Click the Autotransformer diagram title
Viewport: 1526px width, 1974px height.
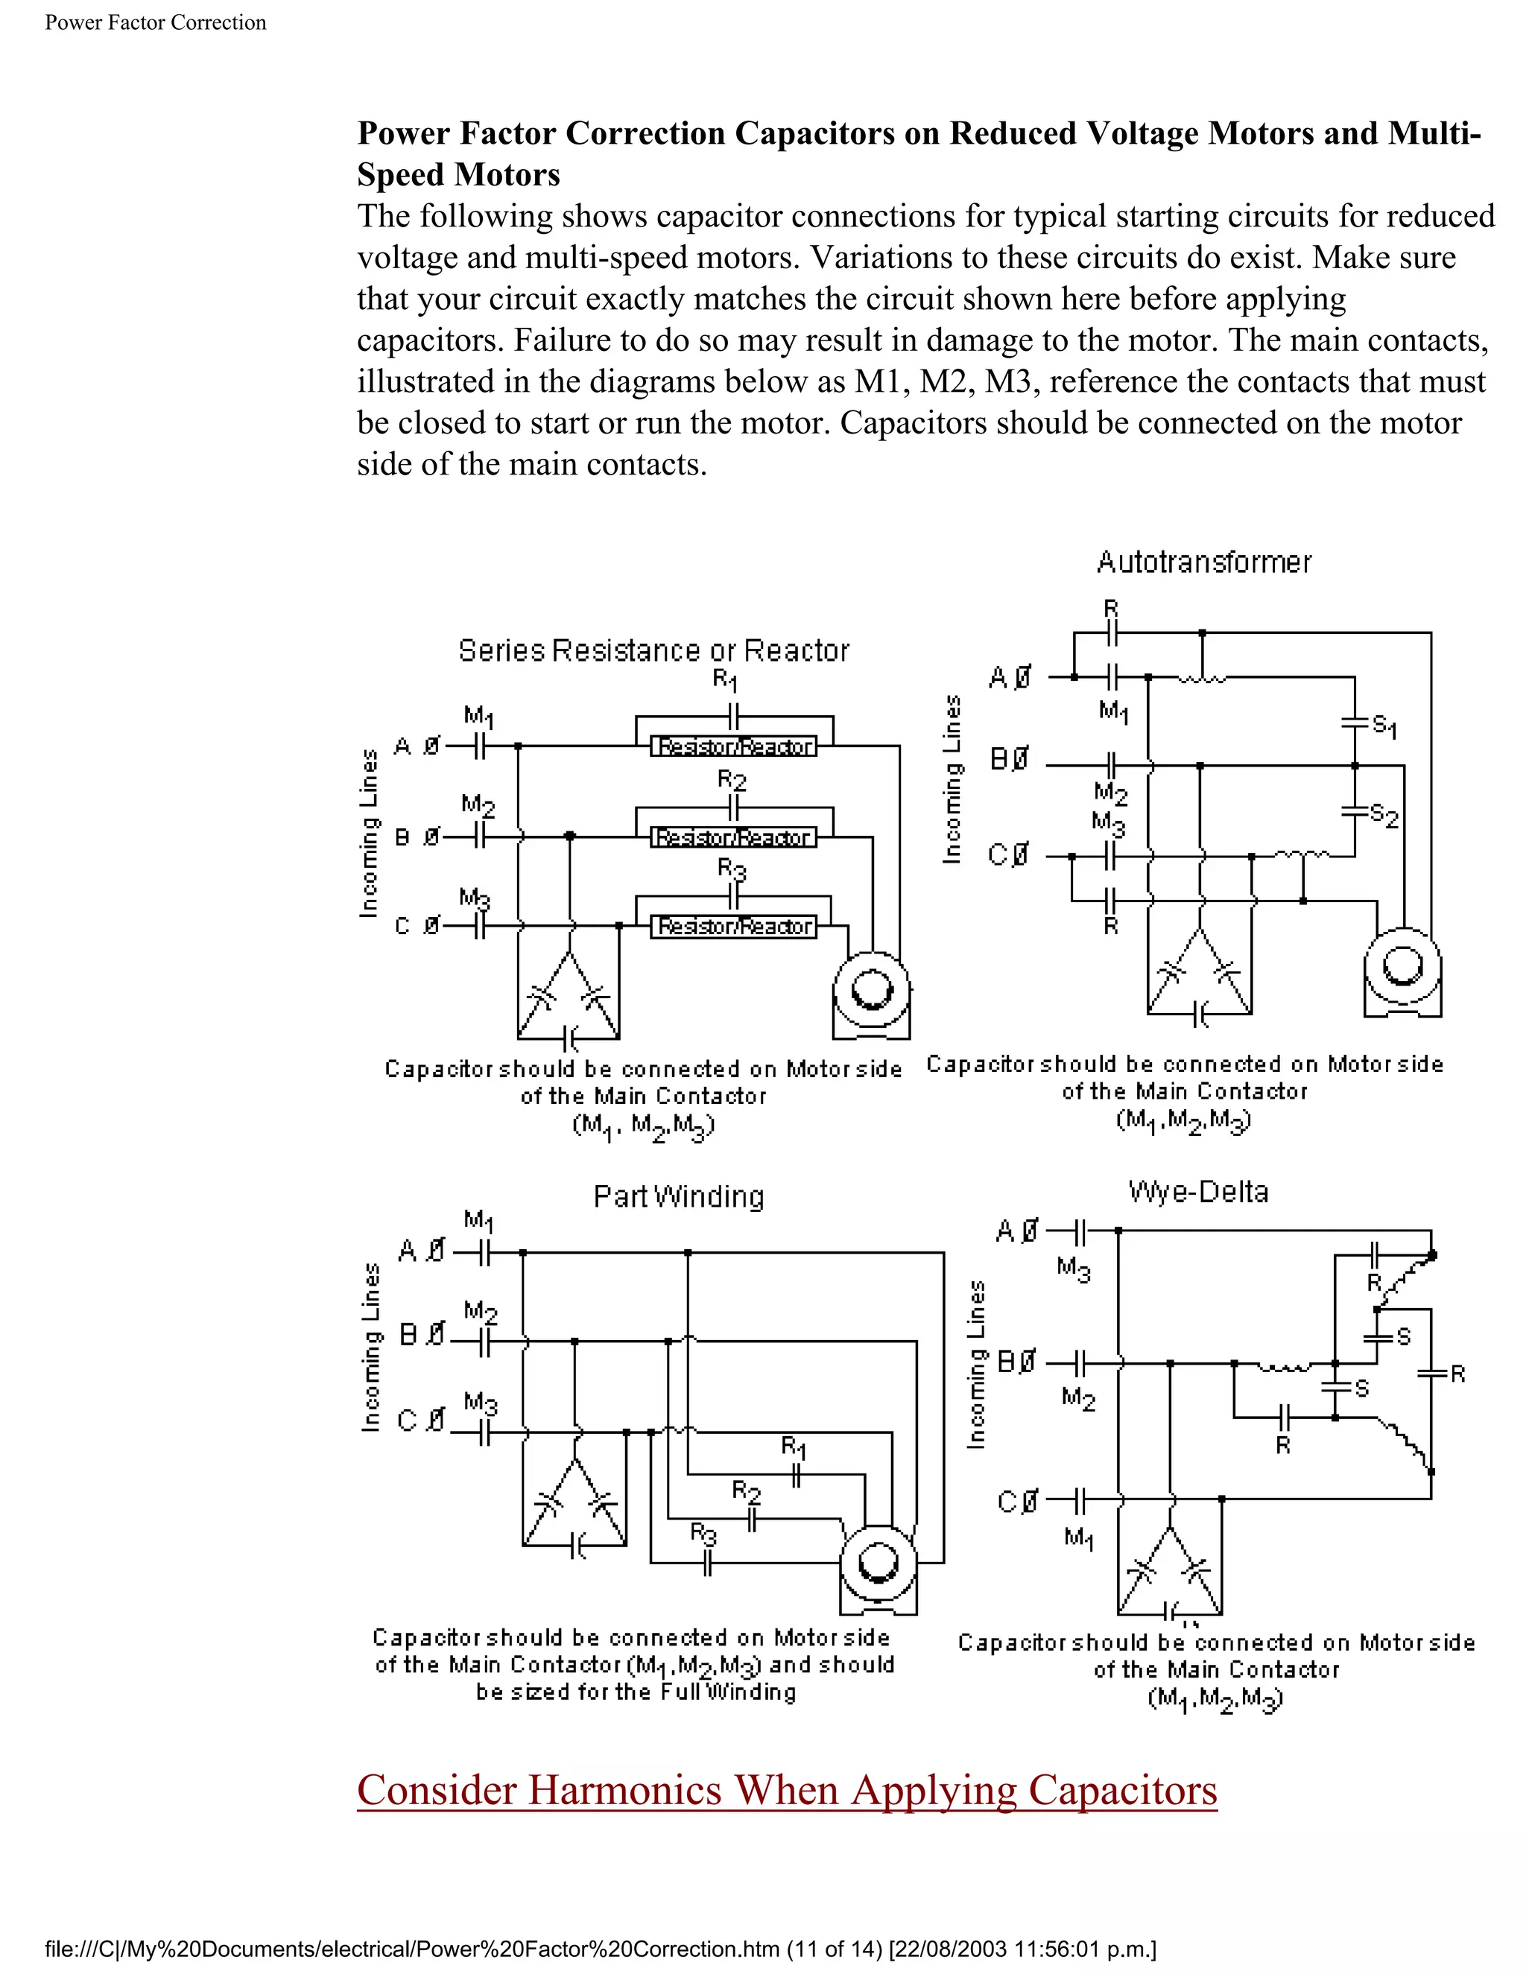pos(1203,562)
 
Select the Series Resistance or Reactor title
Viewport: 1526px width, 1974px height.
pos(653,651)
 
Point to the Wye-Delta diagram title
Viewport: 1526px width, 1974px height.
pos(1198,1191)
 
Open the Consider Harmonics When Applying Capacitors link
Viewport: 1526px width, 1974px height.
pos(787,1791)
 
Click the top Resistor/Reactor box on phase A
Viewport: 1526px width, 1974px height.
pos(733,746)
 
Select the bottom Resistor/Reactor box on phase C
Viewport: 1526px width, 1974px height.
pos(733,927)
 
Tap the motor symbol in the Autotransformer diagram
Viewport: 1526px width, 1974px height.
pos(1402,971)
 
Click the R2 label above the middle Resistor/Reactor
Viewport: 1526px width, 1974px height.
pos(732,780)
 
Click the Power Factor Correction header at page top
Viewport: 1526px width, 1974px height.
pos(156,22)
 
